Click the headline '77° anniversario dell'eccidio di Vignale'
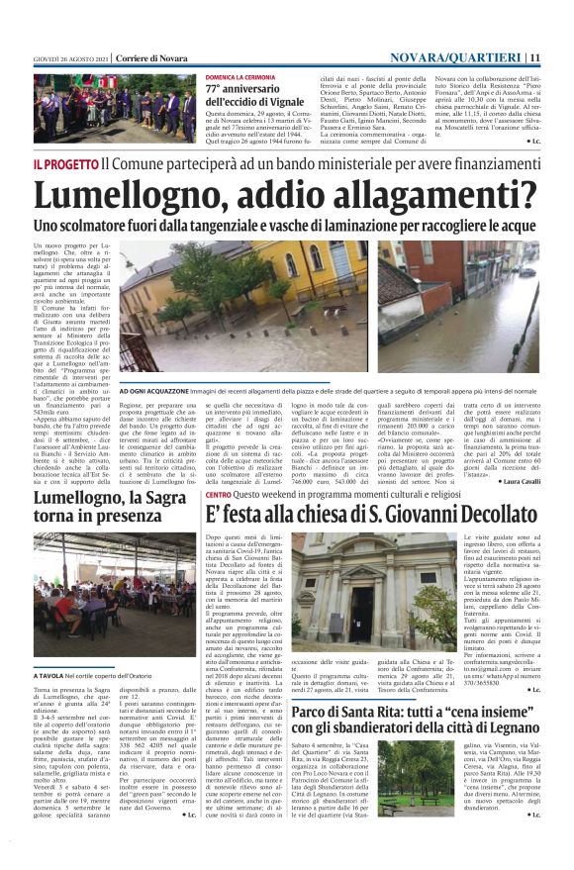click(x=255, y=96)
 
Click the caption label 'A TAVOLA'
click(x=53, y=648)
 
